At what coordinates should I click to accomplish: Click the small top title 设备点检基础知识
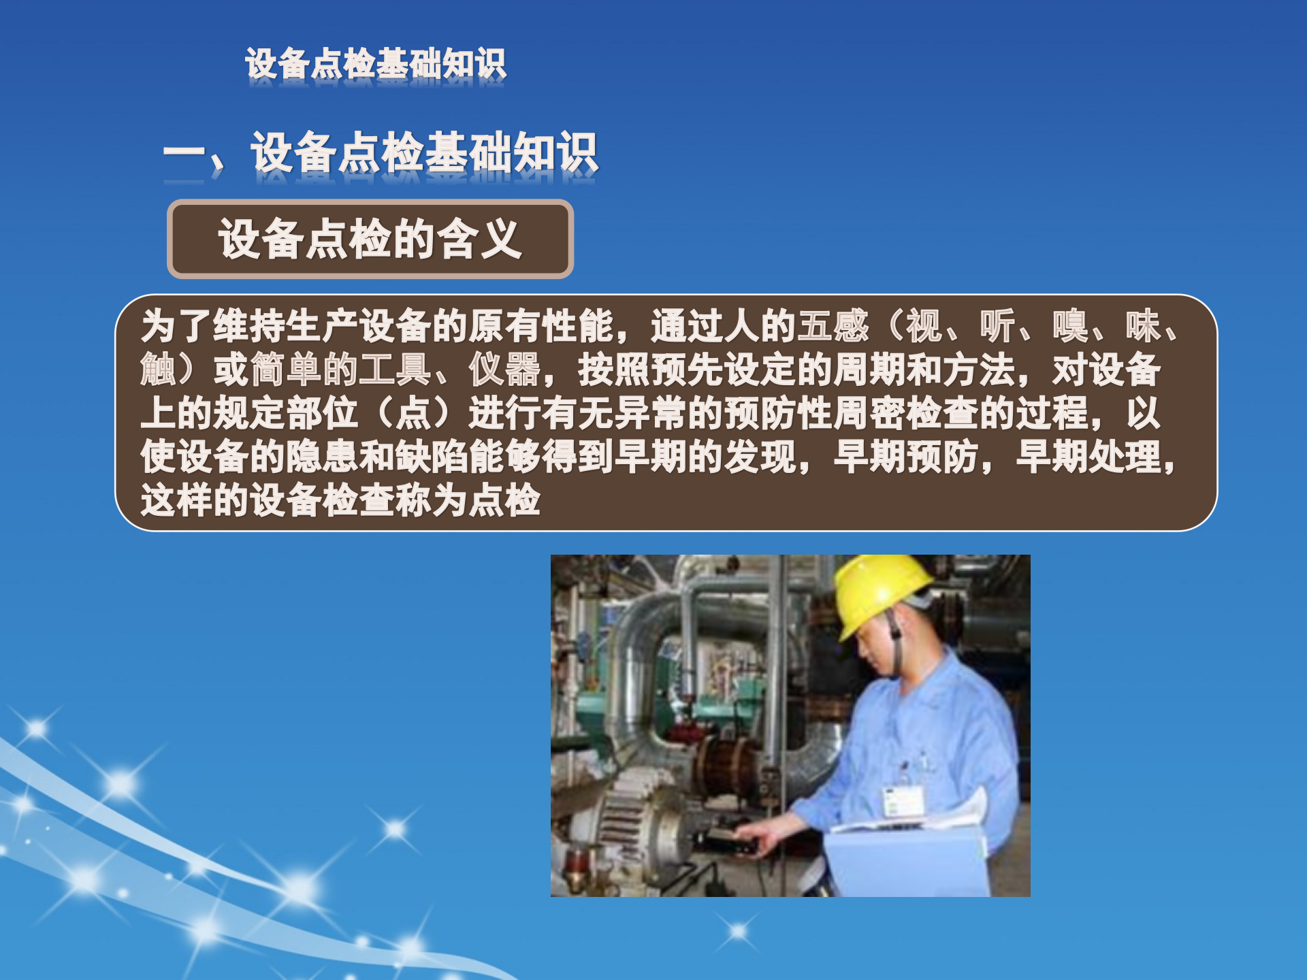point(376,64)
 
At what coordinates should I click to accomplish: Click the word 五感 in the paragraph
point(833,326)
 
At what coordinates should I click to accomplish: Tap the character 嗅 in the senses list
point(1070,326)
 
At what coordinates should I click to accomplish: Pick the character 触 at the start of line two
point(159,370)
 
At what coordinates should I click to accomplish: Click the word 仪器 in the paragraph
point(504,370)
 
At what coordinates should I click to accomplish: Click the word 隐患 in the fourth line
point(322,457)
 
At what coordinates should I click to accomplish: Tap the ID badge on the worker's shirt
point(903,801)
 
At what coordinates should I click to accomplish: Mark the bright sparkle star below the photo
point(738,930)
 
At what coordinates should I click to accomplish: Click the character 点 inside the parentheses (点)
point(413,413)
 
